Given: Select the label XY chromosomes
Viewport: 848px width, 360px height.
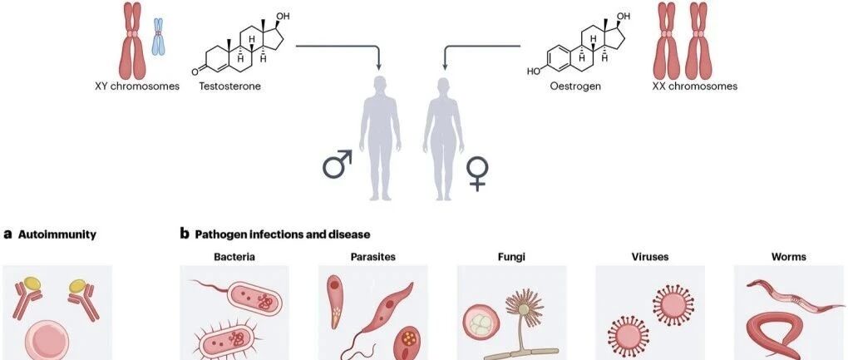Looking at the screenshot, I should tap(137, 86).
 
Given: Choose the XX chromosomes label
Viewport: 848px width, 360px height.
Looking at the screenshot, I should tap(695, 86).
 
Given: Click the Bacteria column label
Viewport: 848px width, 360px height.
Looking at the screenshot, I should tap(234, 257).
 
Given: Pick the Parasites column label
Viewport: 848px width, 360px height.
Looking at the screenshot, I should tap(372, 257).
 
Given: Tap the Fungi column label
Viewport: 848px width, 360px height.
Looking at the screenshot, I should tap(511, 257).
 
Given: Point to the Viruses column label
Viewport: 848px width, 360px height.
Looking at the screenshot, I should tap(649, 257).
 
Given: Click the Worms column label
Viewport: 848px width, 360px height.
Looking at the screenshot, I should tap(788, 257).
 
